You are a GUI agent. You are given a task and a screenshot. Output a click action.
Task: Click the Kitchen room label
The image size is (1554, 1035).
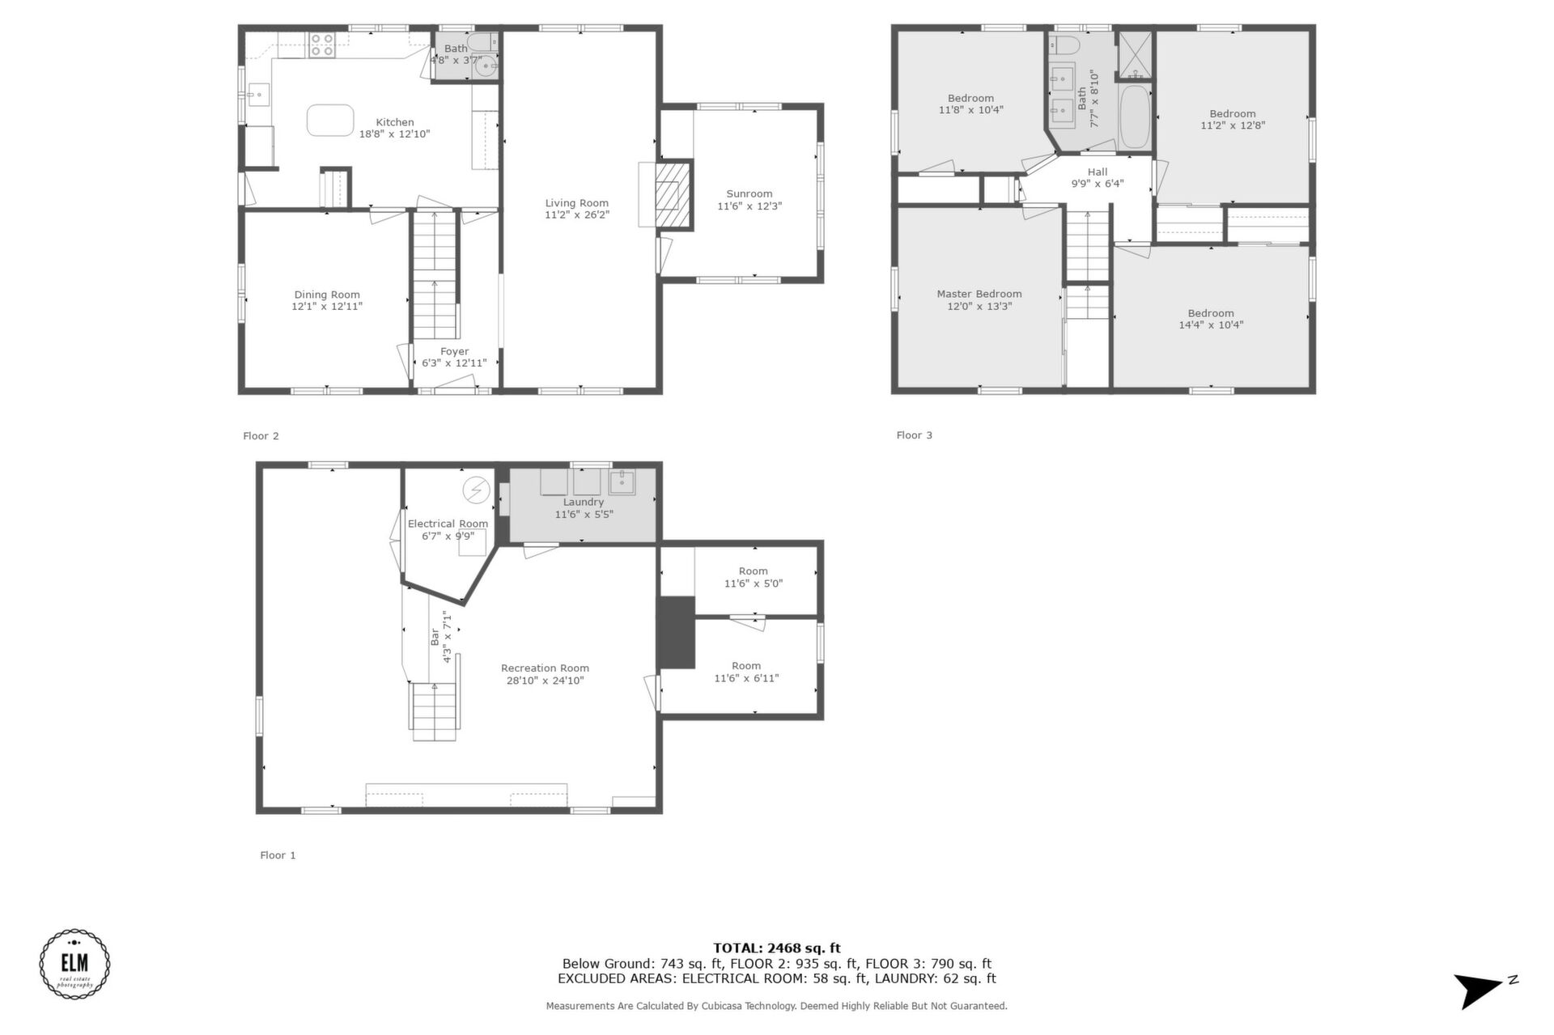point(395,122)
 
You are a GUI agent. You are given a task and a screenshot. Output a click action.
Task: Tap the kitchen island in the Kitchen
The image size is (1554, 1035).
point(330,120)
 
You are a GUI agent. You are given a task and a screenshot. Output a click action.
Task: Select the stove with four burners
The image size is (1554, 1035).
point(322,45)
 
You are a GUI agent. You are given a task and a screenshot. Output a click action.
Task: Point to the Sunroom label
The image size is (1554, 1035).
point(749,194)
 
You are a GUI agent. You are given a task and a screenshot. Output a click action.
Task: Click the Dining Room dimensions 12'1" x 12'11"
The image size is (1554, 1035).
point(327,307)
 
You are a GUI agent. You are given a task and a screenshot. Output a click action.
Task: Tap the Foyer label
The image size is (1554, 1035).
point(455,351)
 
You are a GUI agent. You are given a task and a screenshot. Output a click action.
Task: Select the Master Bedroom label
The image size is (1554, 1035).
point(979,294)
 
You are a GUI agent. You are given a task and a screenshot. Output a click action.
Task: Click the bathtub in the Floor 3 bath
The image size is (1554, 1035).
point(1135,117)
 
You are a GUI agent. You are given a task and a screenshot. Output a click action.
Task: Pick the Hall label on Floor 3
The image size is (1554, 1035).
point(1098,172)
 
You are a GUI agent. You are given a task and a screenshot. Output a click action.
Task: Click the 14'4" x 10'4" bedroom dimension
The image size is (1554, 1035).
point(1211,325)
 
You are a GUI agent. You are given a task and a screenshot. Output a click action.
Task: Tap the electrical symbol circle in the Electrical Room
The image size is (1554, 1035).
point(476,490)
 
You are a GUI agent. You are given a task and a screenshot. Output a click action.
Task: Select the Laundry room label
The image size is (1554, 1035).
point(584,502)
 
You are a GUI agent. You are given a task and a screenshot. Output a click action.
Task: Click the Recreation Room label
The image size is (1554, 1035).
point(545,668)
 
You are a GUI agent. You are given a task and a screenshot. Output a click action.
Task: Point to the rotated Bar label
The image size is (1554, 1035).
point(435,637)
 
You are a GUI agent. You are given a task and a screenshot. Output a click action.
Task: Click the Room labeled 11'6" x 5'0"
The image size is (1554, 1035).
point(754,577)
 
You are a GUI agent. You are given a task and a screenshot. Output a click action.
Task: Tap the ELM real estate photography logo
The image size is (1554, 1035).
point(75,964)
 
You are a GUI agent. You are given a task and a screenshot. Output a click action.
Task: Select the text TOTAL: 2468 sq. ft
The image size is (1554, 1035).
point(777,948)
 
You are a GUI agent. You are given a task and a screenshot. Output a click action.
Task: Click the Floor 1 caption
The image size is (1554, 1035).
point(278,855)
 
